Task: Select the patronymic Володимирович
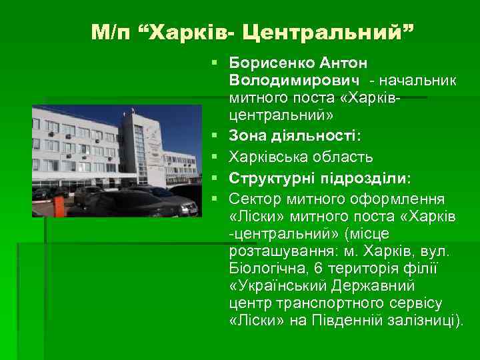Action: (x=295, y=80)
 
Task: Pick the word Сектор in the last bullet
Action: (x=253, y=198)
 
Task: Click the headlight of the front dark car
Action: (x=190, y=209)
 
